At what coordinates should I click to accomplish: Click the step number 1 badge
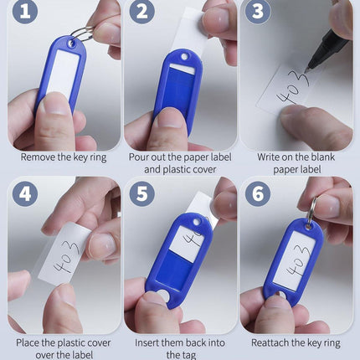pos(25,12)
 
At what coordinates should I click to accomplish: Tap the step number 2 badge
pos(142,12)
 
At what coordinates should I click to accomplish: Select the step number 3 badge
pos(258,12)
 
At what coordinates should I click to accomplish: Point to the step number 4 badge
pos(25,193)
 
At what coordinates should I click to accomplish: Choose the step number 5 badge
pos(142,193)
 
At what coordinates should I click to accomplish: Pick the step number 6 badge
pos(258,193)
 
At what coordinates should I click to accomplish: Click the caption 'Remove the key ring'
pos(64,157)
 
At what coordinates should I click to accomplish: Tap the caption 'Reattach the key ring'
pos(296,342)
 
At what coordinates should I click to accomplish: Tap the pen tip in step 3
pos(306,71)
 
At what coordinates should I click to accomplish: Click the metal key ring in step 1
pos(84,34)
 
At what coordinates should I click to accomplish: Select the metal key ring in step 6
pos(312,210)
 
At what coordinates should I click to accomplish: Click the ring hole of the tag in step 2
pos(184,57)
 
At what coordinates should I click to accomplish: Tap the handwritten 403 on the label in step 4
pos(67,257)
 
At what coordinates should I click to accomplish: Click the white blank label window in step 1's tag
pos(64,73)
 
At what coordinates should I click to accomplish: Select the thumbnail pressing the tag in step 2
pos(169,118)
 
